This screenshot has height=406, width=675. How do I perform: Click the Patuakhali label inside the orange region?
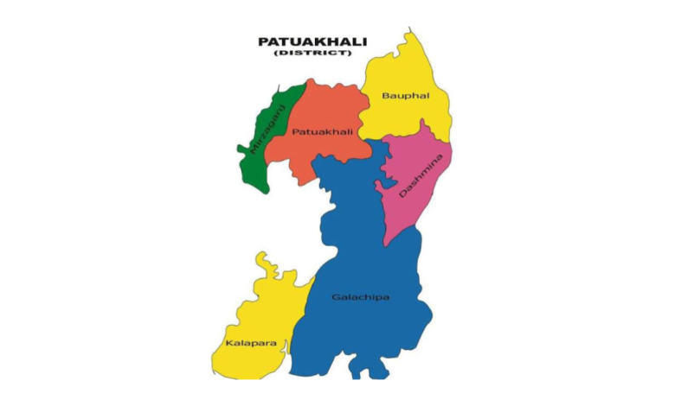click(321, 131)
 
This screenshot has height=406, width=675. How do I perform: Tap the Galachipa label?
click(360, 297)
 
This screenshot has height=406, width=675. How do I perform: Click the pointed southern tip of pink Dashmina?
click(387, 244)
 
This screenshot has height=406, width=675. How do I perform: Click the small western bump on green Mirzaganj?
click(241, 149)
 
